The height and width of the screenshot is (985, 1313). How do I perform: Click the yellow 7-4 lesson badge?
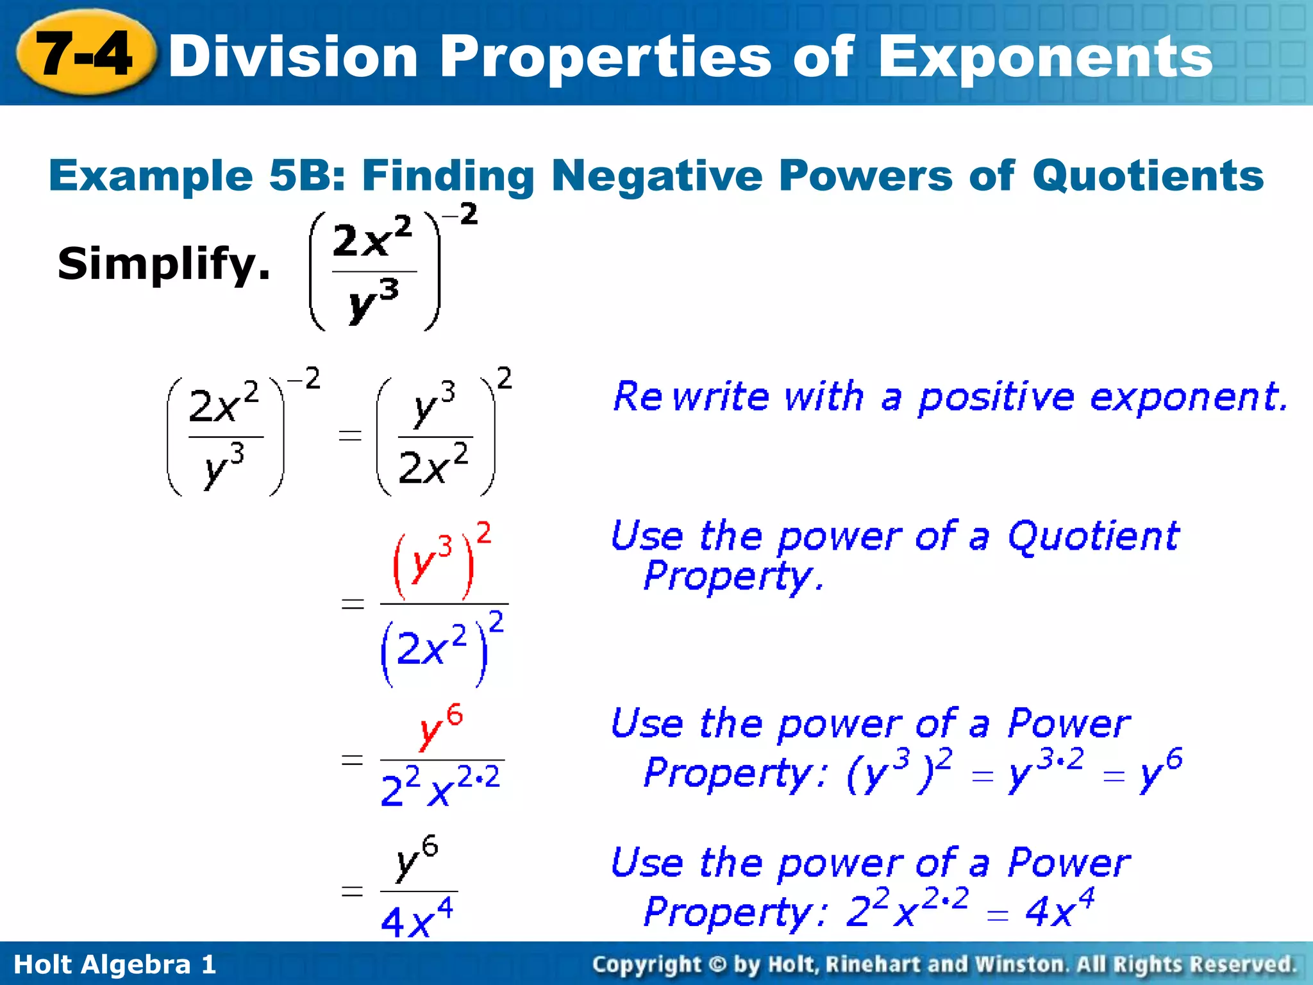tap(85, 54)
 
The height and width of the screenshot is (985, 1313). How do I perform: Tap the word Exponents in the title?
tap(1045, 58)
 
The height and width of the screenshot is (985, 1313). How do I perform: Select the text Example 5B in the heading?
tap(196, 175)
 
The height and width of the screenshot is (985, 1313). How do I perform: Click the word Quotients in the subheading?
tap(1148, 175)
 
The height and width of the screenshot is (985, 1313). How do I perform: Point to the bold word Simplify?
tap(163, 264)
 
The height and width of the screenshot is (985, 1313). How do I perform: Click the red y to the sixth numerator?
tap(441, 728)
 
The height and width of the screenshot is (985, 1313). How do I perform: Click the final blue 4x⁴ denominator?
tap(417, 918)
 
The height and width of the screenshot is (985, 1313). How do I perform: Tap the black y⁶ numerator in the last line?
tap(417, 859)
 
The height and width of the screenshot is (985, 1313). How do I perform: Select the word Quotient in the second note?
tap(1093, 536)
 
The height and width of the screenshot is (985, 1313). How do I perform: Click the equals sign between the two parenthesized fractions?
tap(350, 437)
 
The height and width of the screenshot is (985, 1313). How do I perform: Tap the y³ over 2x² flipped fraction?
tap(435, 437)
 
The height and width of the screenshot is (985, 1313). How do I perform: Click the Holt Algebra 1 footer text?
tap(115, 964)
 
